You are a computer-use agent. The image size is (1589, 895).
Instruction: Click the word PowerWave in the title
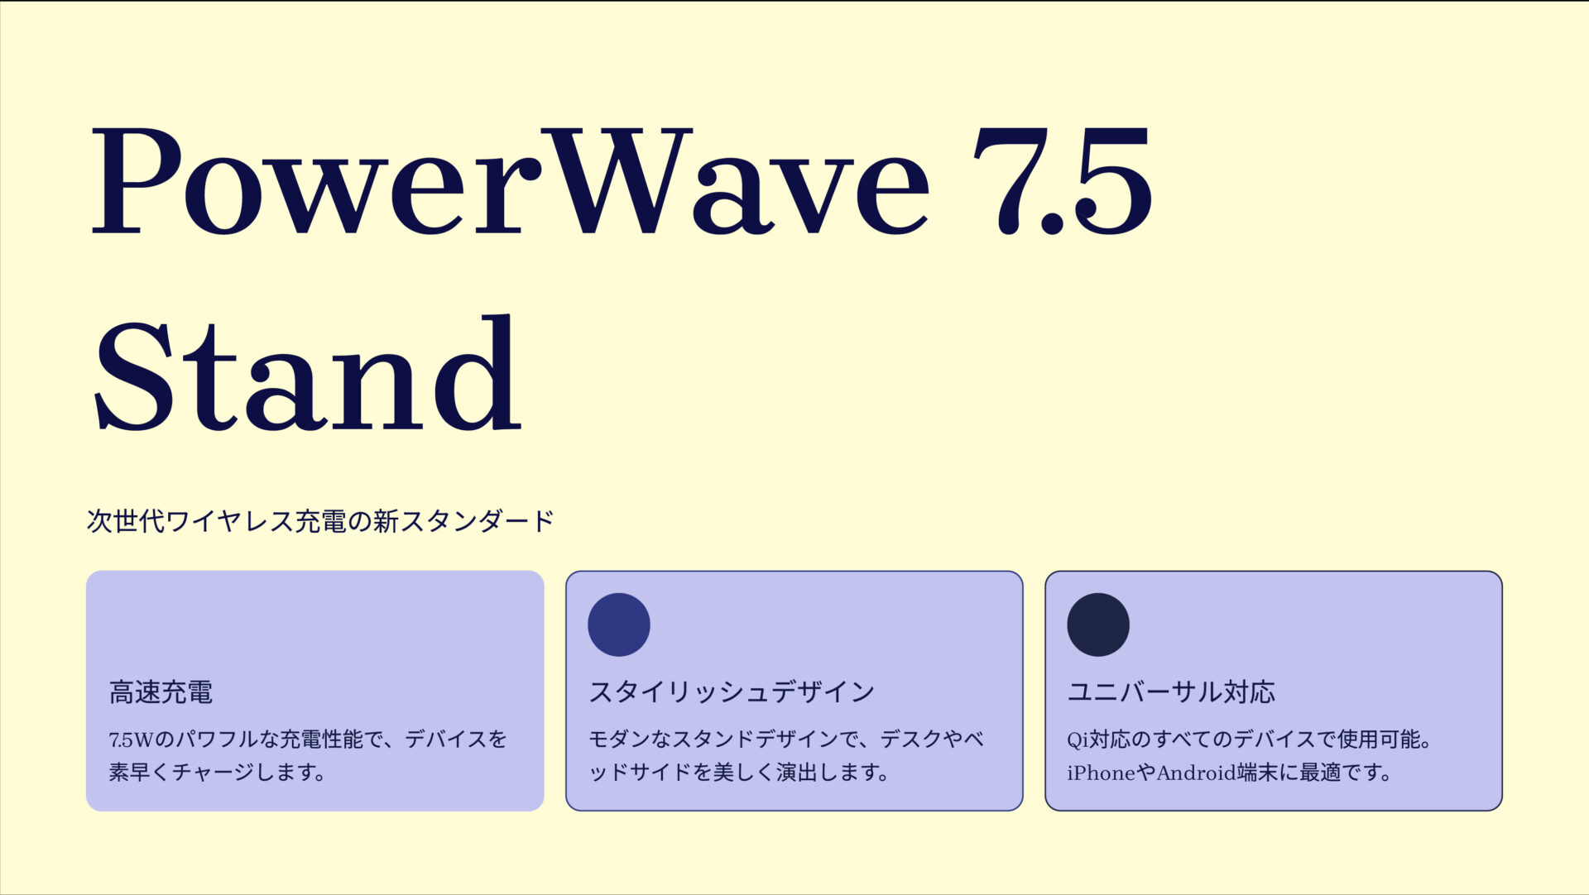(509, 182)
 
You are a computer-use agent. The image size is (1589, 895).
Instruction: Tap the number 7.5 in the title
(1063, 182)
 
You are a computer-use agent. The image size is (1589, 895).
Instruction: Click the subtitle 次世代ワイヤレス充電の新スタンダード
(320, 521)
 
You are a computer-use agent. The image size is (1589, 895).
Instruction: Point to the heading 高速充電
(161, 692)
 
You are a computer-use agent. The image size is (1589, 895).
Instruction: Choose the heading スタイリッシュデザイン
(732, 692)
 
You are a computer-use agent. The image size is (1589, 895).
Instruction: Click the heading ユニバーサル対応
(1171, 692)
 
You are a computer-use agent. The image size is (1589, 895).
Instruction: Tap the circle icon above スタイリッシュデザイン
(619, 625)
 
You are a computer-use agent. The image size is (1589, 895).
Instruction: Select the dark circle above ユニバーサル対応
(1098, 625)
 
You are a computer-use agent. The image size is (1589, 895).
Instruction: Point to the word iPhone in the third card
(1101, 773)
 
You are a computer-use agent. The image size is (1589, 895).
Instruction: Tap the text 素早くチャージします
(217, 773)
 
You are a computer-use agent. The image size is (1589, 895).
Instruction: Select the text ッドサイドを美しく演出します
(739, 773)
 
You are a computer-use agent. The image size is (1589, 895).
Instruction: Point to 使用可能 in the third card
(1370, 739)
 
